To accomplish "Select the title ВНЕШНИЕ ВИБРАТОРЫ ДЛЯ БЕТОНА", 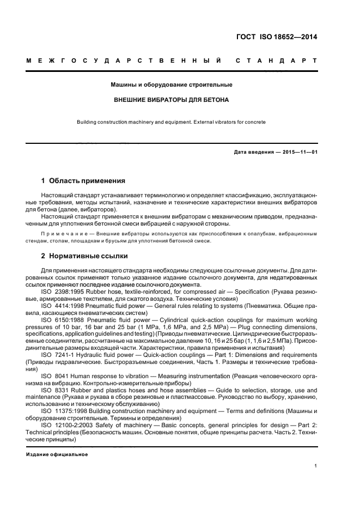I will click(x=171, y=100).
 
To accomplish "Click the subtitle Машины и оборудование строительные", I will click(x=171, y=85).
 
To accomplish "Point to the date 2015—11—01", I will click(x=298, y=152).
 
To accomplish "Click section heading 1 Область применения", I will click(x=83, y=180).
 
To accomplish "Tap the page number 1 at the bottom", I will click(x=316, y=466).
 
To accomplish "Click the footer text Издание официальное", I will click(x=57, y=453).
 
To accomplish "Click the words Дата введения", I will click(x=252, y=152).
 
